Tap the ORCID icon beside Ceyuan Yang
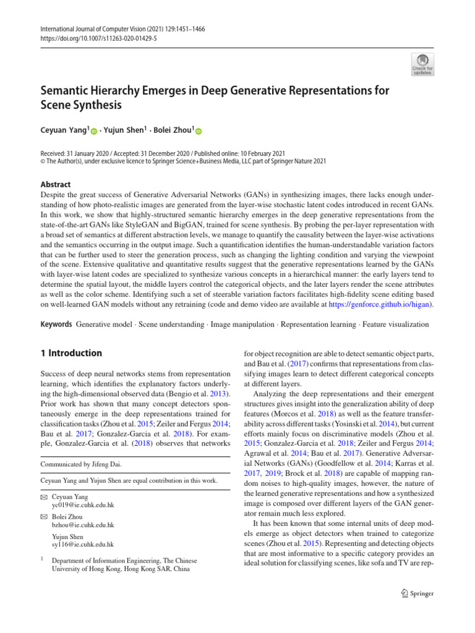click(94, 131)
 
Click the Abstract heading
click(56, 184)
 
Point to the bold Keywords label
click(55, 324)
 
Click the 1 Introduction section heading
click(71, 353)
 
